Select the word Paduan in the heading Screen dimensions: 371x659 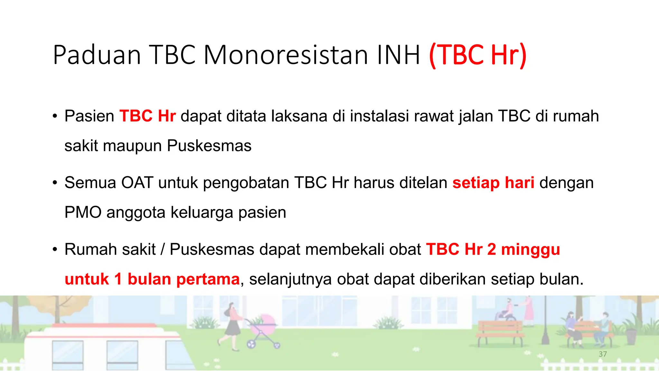97,55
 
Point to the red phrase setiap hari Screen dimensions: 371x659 493,183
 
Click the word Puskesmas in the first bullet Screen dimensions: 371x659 209,146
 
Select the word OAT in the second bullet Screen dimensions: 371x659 137,183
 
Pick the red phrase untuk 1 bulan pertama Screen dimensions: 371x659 152,279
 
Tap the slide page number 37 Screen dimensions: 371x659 603,354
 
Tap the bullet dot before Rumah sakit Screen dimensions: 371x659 55,250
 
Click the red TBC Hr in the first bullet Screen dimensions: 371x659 147,116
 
